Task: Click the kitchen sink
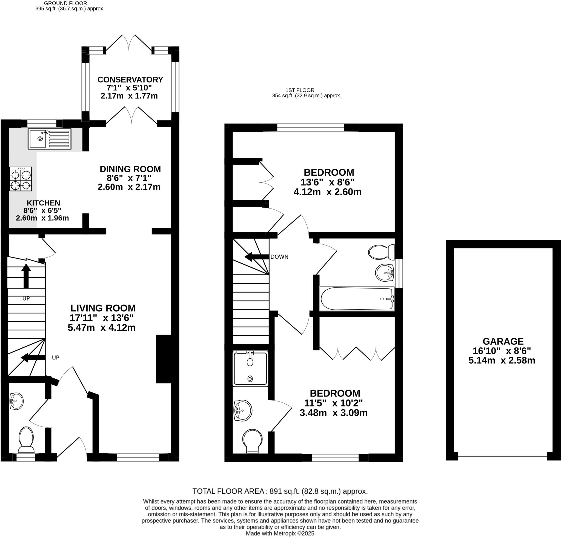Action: pos(49,139)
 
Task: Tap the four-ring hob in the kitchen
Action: pos(20,179)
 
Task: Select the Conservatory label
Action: pos(130,79)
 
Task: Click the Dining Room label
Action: pos(130,169)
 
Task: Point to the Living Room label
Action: pos(103,308)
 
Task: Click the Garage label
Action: pos(503,341)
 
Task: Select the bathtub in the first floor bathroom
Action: pos(357,299)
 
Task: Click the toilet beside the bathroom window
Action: pos(381,252)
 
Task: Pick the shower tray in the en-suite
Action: pos(250,369)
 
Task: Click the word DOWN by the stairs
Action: pos(279,257)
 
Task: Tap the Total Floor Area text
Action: pos(280,492)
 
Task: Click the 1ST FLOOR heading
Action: pos(300,90)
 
